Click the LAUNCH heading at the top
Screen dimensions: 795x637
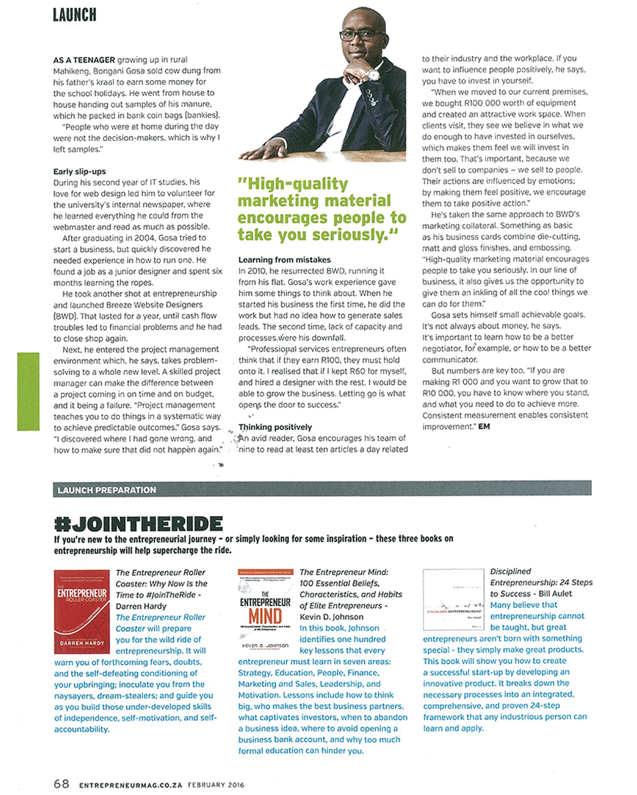(75, 14)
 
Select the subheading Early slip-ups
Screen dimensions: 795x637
(79, 172)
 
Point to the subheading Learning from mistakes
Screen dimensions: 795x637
(284, 260)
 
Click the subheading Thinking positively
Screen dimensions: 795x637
(275, 427)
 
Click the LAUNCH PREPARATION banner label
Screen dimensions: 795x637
(107, 490)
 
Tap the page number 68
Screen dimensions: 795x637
(62, 784)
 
